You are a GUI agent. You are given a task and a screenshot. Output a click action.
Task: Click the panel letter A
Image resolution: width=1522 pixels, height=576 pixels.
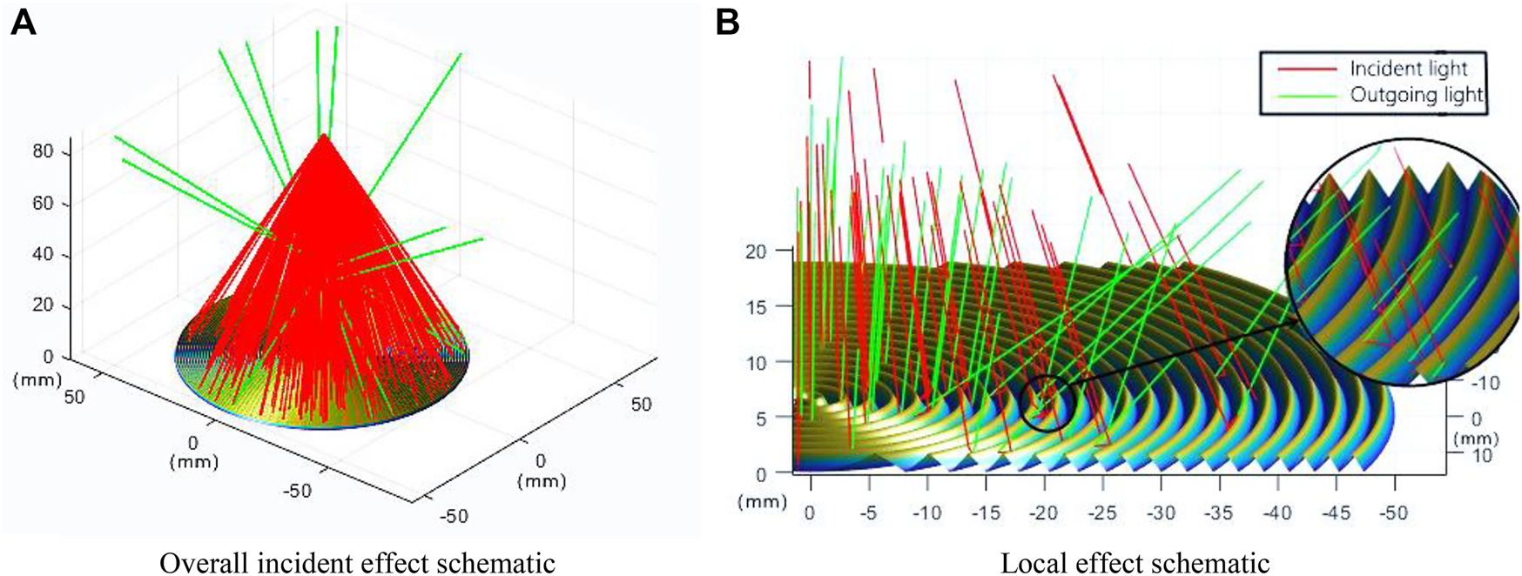[23, 22]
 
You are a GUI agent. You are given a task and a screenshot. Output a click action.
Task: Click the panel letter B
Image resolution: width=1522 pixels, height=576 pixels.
[727, 22]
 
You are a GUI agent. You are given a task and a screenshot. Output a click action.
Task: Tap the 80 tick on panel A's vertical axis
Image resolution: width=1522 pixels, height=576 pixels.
[43, 151]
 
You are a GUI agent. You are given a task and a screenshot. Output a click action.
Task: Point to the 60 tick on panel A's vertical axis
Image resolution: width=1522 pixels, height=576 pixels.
[43, 203]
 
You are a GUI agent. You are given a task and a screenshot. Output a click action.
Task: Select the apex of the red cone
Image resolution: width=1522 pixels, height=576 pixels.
[324, 136]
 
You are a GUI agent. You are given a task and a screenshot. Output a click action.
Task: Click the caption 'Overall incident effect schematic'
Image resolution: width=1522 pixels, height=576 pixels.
[357, 563]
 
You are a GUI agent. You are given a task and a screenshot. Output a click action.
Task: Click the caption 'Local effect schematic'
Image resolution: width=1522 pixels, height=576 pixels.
[1135, 563]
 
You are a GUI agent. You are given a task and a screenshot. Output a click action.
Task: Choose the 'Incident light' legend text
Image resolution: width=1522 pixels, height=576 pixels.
[1408, 68]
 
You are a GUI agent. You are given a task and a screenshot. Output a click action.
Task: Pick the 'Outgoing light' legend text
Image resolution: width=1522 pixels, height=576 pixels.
[1416, 94]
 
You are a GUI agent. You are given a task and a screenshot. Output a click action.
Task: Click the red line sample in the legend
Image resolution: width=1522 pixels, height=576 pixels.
[1306, 68]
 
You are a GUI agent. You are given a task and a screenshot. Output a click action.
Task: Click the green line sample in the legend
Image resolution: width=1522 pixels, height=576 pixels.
[1306, 95]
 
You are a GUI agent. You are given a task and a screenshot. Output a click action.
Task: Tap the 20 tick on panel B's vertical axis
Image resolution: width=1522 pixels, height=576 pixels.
[756, 251]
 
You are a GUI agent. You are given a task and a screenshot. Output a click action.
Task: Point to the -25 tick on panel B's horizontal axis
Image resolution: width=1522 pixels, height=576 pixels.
[1102, 512]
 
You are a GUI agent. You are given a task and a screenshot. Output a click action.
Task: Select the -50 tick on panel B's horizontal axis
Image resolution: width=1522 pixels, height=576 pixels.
[1393, 512]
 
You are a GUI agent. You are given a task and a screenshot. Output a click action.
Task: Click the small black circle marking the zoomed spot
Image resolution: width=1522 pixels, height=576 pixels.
[1047, 403]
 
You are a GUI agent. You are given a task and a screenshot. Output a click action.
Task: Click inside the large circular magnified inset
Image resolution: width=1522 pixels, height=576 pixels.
[1402, 261]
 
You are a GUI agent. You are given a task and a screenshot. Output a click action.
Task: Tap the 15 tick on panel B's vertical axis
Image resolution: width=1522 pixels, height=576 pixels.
[756, 307]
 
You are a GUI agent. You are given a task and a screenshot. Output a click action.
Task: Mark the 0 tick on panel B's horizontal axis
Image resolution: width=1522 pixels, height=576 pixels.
[810, 512]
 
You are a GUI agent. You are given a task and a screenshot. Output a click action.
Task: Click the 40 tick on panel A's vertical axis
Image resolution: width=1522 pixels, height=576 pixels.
[43, 254]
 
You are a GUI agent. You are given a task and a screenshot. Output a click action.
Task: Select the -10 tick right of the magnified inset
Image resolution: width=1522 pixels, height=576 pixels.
[1485, 383]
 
